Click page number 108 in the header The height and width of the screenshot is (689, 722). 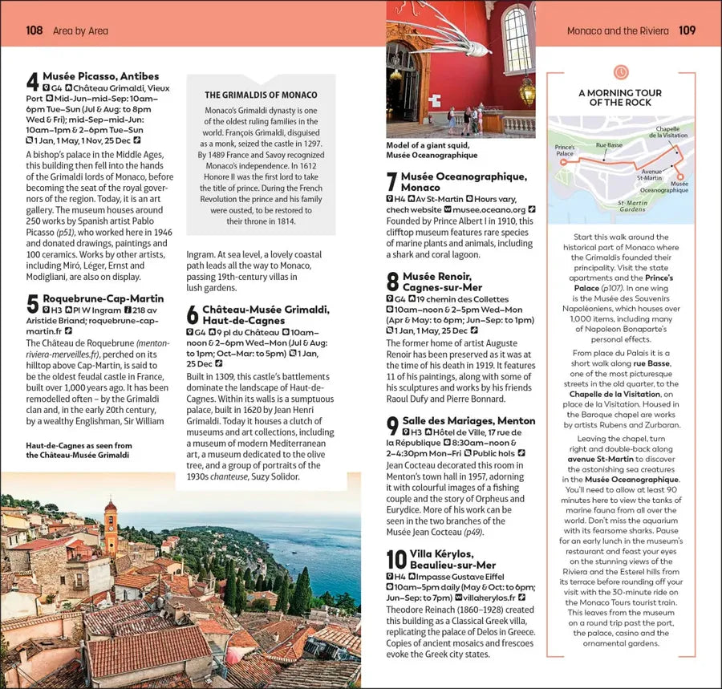[x=34, y=30]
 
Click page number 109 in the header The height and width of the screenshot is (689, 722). [x=687, y=30]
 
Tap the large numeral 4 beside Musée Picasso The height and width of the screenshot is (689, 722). [x=32, y=83]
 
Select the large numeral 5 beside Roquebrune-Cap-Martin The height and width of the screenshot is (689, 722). [x=32, y=305]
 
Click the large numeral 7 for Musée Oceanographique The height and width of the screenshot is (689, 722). [x=391, y=182]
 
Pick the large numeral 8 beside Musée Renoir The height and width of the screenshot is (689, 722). [x=392, y=282]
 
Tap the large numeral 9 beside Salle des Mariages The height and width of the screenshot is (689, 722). [x=392, y=426]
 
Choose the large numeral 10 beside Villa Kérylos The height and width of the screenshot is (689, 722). [x=396, y=560]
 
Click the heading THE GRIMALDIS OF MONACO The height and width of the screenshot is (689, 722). [x=261, y=95]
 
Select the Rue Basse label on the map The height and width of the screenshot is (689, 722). [x=609, y=145]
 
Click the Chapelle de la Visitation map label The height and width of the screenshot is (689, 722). [x=671, y=132]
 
